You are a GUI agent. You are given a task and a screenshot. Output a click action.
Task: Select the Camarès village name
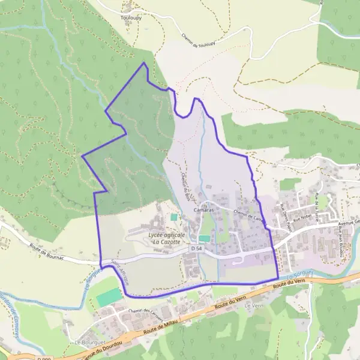point(204,211)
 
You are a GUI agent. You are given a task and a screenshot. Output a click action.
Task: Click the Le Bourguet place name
point(86,343)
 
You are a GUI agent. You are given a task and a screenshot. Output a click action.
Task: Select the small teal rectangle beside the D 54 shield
point(205,239)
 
